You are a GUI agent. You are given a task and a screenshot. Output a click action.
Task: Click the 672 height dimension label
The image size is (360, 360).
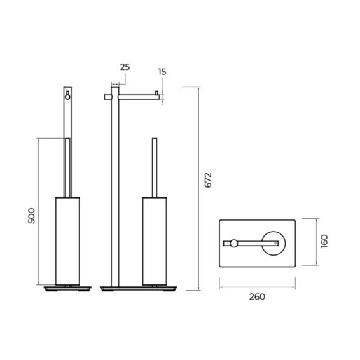point(208,180)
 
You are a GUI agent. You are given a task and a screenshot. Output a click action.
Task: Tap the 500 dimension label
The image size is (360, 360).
point(31,216)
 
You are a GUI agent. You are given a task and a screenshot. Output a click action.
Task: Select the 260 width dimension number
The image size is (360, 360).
point(257,297)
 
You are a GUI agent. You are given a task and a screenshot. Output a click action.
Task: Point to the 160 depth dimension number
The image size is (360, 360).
point(324,241)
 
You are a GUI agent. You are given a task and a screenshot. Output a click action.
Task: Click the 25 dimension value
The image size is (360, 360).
point(125,67)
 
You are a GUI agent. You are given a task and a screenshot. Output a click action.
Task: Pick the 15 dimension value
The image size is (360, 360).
point(162,72)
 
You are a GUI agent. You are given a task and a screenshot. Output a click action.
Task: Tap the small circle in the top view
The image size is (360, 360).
point(233,244)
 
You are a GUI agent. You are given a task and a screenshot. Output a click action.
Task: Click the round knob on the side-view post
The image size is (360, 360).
point(67,97)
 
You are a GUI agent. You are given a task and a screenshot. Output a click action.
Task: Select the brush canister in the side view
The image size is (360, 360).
point(67,241)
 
